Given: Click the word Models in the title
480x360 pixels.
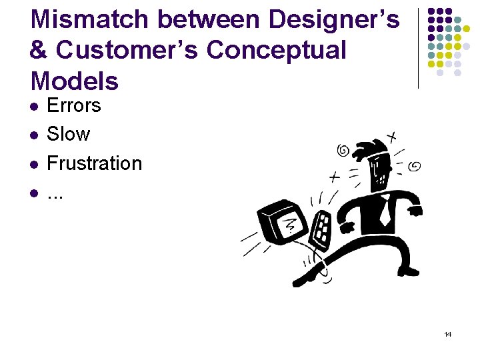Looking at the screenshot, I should [x=75, y=81].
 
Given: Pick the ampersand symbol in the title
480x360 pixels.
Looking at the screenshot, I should [x=40, y=51].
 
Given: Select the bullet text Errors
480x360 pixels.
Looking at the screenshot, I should [x=74, y=105].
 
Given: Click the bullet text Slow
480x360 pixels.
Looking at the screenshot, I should [x=68, y=134].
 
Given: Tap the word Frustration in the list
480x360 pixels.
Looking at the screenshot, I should [x=94, y=163].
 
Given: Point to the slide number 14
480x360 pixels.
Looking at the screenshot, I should [x=447, y=334].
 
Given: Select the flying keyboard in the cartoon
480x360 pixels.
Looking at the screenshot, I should [x=323, y=230].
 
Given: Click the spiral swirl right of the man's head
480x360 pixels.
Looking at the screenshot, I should [x=414, y=165].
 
